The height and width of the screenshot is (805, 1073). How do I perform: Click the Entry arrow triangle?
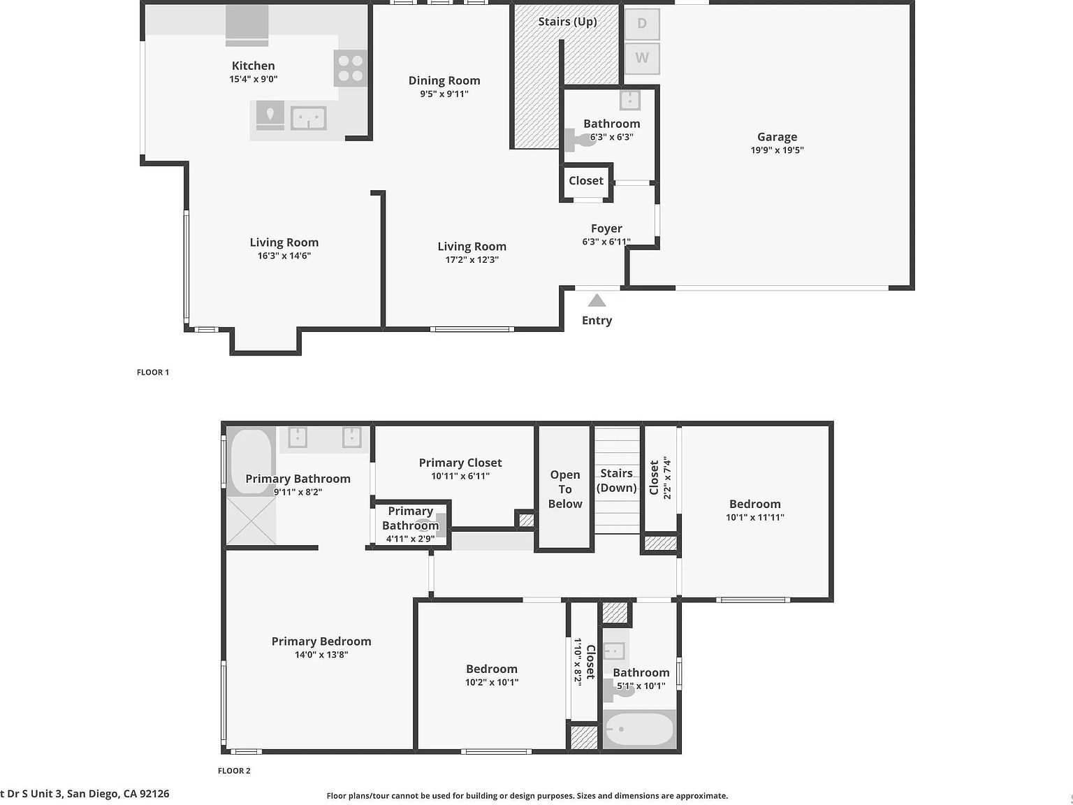coord(597,301)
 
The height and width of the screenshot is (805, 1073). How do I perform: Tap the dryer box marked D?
coord(641,24)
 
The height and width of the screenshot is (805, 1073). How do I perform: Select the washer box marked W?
coord(641,58)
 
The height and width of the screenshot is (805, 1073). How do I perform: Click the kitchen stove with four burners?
coord(350,68)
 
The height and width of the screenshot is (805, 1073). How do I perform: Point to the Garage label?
coord(777,137)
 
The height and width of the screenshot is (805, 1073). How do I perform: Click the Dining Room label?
coord(444,80)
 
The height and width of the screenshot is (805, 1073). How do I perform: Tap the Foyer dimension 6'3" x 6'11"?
coord(606,242)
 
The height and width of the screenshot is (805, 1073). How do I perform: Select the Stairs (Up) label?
coord(567,22)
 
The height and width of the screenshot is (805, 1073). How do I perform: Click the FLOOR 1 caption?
coord(153,372)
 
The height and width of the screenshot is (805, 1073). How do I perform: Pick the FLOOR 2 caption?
coord(234,771)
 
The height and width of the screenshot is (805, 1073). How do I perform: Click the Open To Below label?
coord(565,489)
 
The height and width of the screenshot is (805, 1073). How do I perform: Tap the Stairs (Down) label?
coord(616,481)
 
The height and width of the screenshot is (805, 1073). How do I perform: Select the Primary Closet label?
coord(460,463)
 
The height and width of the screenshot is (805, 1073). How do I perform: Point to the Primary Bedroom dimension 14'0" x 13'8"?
coord(321,655)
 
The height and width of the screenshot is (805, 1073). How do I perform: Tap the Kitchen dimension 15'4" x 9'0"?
coord(254,79)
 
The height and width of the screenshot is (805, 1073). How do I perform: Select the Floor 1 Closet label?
coord(585,181)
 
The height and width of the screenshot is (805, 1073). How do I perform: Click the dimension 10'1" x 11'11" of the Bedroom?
coord(755,517)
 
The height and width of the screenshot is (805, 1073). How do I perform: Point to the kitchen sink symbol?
coord(308,117)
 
